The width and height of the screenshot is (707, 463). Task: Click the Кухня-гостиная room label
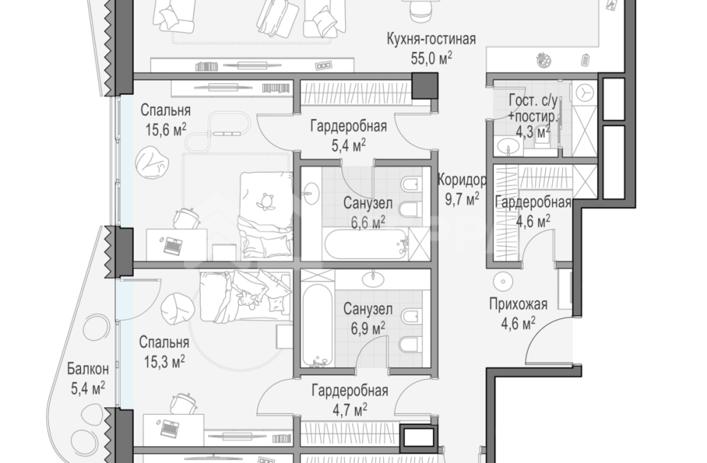pyautogui.click(x=431, y=39)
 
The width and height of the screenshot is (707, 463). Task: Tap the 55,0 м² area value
pyautogui.click(x=431, y=58)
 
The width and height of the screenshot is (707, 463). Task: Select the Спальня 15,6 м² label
pyautogui.click(x=166, y=120)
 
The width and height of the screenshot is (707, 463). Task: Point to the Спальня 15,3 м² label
pyautogui.click(x=163, y=352)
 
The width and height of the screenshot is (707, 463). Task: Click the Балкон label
pyautogui.click(x=88, y=369)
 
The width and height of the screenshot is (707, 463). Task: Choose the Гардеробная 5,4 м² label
pyautogui.click(x=348, y=135)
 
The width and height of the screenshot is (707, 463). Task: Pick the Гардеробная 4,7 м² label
pyautogui.click(x=350, y=400)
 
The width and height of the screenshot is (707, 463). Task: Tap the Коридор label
pyautogui.click(x=462, y=180)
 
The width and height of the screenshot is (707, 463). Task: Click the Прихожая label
pyautogui.click(x=518, y=305)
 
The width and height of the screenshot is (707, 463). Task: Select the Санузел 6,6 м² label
pyautogui.click(x=367, y=212)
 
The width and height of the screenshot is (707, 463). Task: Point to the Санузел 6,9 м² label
pyautogui.click(x=367, y=319)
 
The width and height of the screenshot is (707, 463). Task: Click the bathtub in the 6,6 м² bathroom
pyautogui.click(x=366, y=244)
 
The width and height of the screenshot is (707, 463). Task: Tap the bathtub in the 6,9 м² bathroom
pyautogui.click(x=318, y=325)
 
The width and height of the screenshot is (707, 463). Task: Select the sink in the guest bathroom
pyautogui.click(x=511, y=146)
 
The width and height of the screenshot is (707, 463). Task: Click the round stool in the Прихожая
pyautogui.click(x=502, y=282)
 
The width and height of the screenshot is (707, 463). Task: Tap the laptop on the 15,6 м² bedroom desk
pyautogui.click(x=172, y=245)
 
